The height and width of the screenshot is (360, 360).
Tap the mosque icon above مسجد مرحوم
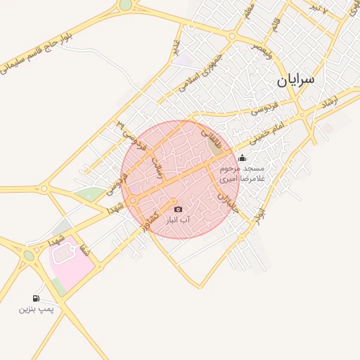[243, 158]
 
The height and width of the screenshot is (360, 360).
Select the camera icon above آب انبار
[177, 210]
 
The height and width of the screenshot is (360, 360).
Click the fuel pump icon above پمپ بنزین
[36, 298]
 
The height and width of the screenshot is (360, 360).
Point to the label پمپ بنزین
[36, 309]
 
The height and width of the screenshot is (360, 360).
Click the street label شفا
[86, 248]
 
